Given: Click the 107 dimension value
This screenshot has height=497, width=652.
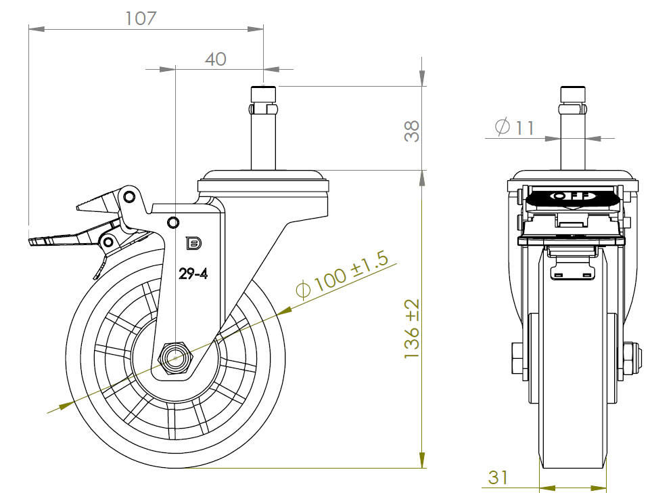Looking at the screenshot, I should (141, 18).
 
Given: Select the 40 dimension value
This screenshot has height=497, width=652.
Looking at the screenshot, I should (215, 59).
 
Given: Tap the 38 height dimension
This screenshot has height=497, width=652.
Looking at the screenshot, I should (412, 131).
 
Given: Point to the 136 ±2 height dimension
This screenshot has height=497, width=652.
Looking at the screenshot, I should (413, 329).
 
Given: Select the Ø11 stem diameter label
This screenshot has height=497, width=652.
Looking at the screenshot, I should (515, 127).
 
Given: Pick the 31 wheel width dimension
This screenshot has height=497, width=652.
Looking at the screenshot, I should (498, 477).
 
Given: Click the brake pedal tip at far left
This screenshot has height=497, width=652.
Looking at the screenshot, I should (34, 240).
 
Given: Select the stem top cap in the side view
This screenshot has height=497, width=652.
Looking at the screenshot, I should (263, 91).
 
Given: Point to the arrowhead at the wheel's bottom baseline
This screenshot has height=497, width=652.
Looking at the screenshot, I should (423, 460).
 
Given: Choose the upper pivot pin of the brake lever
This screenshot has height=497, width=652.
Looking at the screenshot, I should (129, 197).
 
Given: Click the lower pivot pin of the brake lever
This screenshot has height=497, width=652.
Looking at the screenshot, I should (107, 241).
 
